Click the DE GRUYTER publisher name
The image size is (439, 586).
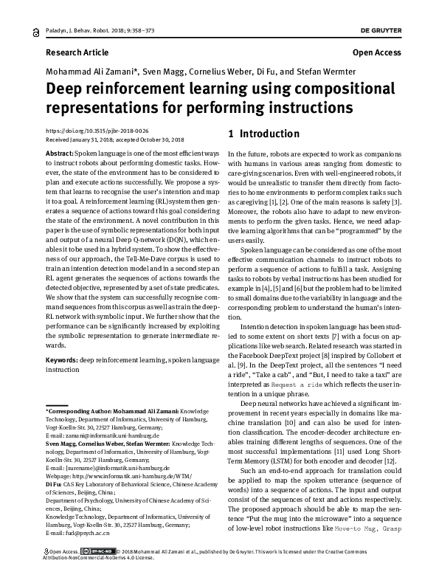406,23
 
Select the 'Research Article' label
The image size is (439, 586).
77,53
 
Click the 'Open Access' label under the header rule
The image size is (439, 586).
377,53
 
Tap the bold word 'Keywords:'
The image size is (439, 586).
62,359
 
